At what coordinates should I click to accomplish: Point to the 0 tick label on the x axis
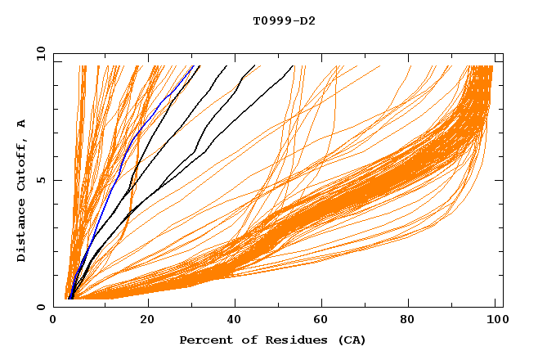(x=53, y=321)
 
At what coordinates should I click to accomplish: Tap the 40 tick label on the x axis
(x=236, y=321)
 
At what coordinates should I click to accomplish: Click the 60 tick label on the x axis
(x=325, y=321)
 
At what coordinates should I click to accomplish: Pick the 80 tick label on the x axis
(x=415, y=321)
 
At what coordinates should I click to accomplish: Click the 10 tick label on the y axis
(x=40, y=53)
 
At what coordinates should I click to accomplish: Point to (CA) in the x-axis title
(x=351, y=340)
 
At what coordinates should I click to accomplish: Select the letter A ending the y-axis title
(x=22, y=124)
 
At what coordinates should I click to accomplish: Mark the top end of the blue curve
(x=193, y=66)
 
